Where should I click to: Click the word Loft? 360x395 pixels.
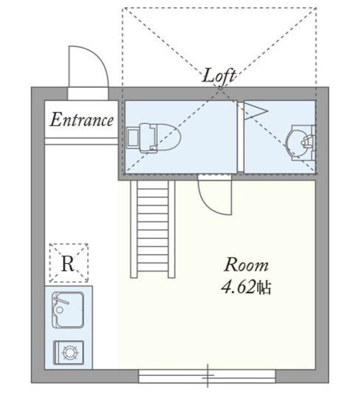220,77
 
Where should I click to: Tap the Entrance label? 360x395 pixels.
82,120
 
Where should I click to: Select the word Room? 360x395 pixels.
246,265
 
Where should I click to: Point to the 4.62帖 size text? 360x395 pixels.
246,287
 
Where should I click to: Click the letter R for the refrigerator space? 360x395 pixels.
68,264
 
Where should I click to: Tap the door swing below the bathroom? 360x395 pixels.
213,194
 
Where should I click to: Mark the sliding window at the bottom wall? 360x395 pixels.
207,374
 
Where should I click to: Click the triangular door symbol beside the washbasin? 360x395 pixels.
253,110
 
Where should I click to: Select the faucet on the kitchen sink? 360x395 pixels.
60,300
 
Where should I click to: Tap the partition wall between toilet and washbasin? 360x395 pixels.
241,137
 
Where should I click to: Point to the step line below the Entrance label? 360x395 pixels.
81,141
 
